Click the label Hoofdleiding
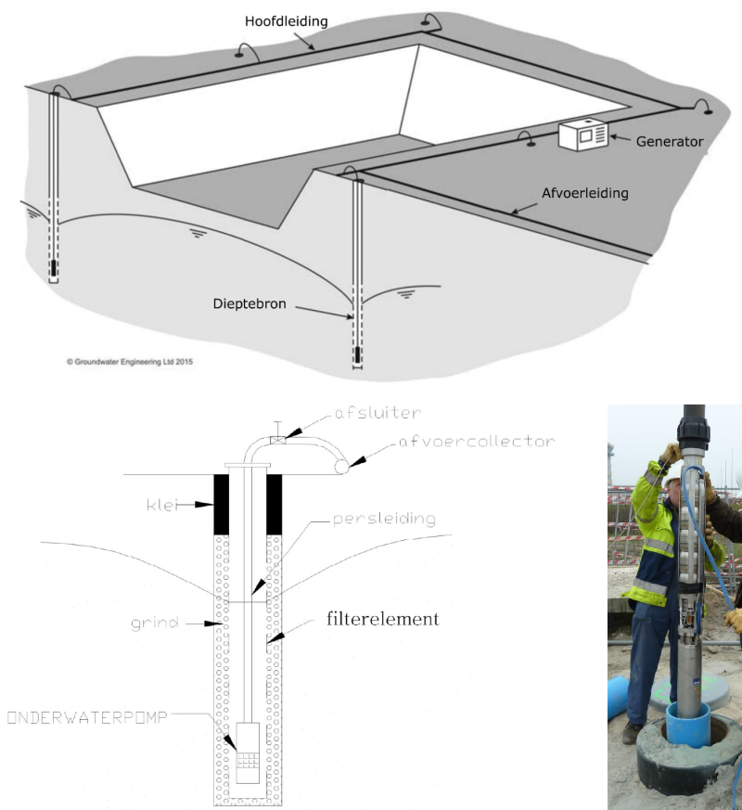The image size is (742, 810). (x=286, y=21)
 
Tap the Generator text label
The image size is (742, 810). (x=670, y=142)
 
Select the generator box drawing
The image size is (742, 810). (x=583, y=135)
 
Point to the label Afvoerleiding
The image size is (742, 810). (x=585, y=193)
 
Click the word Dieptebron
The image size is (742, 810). (x=249, y=303)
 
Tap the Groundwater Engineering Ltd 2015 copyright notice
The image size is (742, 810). (x=130, y=362)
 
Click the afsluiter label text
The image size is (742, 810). (x=378, y=413)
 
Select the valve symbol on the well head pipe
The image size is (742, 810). (x=278, y=440)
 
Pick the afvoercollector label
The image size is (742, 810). (x=477, y=441)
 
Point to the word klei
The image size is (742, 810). (x=161, y=504)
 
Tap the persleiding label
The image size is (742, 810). (x=384, y=519)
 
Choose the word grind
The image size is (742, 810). (x=155, y=623)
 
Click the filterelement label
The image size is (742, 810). (x=383, y=618)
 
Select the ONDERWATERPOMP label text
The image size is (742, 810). (x=87, y=717)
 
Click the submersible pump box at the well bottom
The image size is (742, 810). (x=248, y=752)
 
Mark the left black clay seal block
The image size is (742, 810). (x=222, y=504)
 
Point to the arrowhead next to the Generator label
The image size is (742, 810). (x=614, y=137)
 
